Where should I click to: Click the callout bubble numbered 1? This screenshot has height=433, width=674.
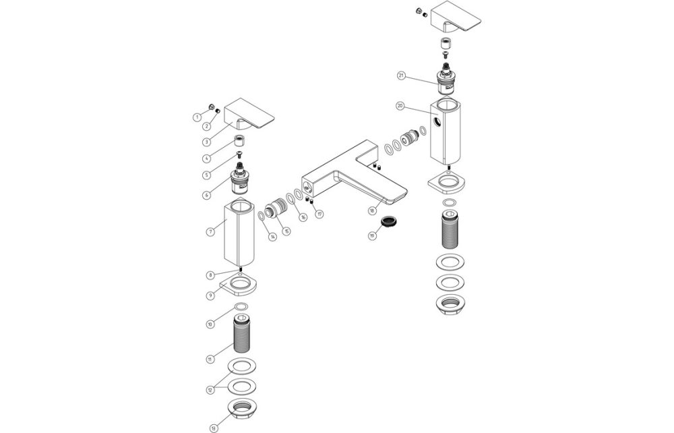click(197, 117)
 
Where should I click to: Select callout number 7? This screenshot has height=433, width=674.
click(210, 231)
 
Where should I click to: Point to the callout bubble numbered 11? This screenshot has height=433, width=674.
click(210, 359)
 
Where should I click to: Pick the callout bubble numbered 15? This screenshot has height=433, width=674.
click(287, 231)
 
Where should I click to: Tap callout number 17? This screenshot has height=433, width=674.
click(319, 214)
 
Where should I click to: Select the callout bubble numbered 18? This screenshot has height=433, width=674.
click(371, 211)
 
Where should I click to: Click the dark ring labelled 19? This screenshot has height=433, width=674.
click(389, 221)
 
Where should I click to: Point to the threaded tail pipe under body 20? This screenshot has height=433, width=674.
click(448, 231)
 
